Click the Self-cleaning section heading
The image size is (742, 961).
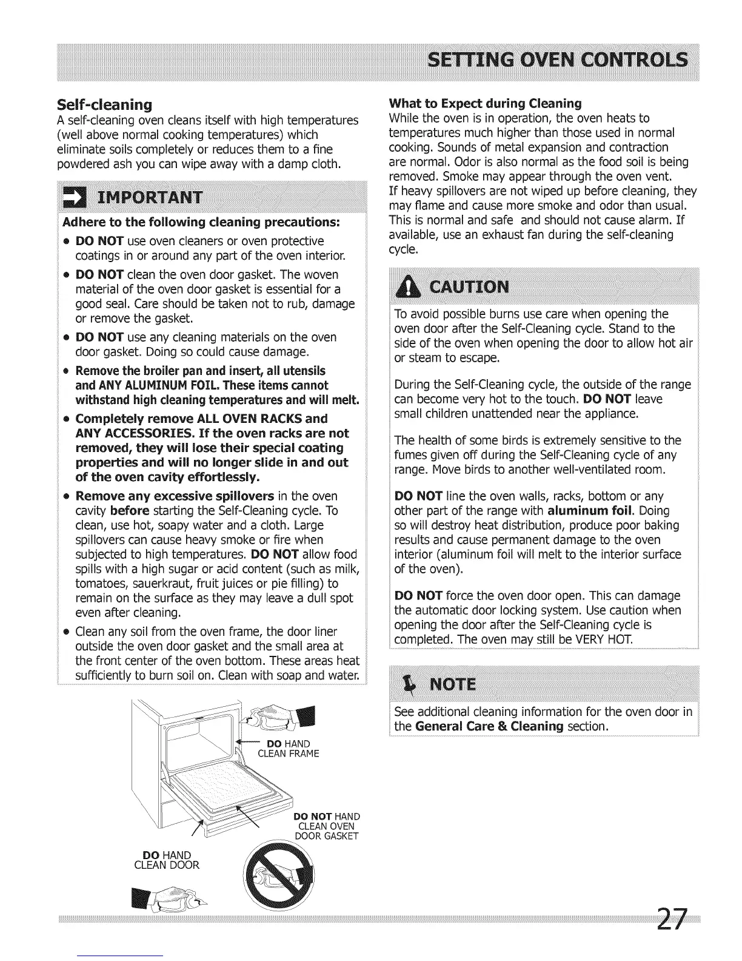click(104, 104)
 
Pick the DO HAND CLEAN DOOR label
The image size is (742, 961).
click(166, 860)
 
